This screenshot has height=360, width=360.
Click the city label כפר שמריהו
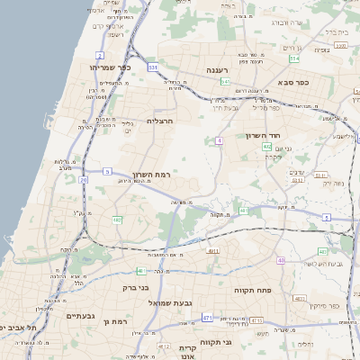tap(111, 67)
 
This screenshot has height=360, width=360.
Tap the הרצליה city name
tap(159, 120)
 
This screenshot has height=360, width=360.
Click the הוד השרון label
tap(264, 135)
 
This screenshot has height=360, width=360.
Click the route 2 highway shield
tap(98, 56)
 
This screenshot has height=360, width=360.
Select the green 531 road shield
tap(153, 67)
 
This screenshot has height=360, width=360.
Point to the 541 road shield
tap(225, 82)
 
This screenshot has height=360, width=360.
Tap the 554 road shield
tap(293, 58)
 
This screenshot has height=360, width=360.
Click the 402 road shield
tap(267, 145)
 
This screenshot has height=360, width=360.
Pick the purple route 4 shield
tap(219, 140)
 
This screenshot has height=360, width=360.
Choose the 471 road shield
tap(208, 318)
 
